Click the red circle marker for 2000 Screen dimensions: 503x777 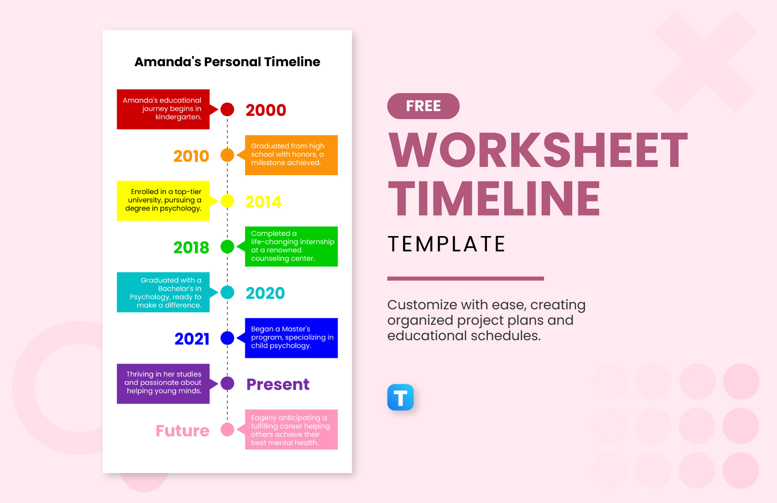click(227, 109)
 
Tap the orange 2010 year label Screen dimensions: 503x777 click(191, 156)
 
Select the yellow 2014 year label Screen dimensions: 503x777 click(263, 202)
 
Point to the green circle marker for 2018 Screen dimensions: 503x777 click(227, 247)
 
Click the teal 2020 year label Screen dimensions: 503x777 click(265, 293)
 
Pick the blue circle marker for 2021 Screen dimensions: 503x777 click(227, 338)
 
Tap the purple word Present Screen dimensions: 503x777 click(278, 384)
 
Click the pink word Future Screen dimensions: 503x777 click(182, 431)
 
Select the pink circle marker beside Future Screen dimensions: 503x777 click(227, 429)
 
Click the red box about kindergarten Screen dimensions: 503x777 click(163, 109)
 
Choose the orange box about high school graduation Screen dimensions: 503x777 click(291, 155)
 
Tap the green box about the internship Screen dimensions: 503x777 click(291, 246)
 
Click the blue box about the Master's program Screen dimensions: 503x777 click(291, 338)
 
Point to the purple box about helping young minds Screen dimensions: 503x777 click(163, 383)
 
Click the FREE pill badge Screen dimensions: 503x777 click(423, 106)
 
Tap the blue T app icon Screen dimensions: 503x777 click(400, 397)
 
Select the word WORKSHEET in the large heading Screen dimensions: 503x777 click(537, 150)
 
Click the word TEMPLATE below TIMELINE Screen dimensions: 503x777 click(446, 244)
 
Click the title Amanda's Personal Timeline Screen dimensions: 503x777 click(227, 62)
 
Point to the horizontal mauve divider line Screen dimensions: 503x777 click(465, 278)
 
